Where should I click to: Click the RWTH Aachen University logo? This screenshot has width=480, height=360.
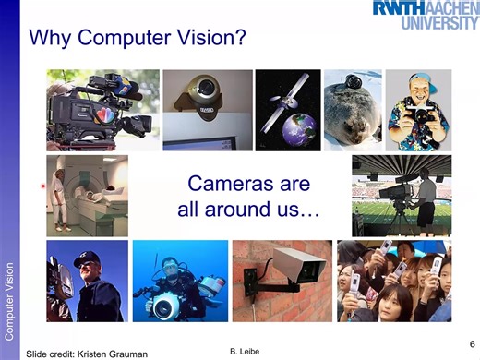(426, 14)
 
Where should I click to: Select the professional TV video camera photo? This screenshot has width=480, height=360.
(102, 109)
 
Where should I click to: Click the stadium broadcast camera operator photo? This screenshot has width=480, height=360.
(402, 195)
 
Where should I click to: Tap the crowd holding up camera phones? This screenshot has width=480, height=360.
(394, 281)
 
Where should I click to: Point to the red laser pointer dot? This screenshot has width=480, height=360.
(43, 187)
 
